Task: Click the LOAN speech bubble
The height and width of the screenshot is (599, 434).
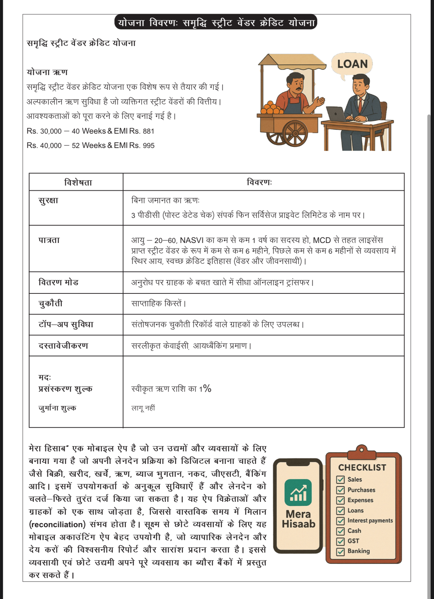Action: (352, 64)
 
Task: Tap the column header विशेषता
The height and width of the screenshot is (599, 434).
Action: (78, 182)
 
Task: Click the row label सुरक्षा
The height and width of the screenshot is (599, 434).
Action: (48, 201)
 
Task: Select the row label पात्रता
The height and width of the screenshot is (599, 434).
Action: (49, 240)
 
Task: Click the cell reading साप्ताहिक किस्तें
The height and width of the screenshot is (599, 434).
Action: (158, 304)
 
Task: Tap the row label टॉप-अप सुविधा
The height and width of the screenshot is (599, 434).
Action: (66, 325)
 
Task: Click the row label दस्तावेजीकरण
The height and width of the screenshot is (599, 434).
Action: (63, 346)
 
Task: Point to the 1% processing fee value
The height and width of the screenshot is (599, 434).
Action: (205, 389)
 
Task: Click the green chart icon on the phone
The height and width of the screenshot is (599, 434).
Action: (298, 492)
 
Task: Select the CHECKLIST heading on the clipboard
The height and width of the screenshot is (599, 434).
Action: (362, 468)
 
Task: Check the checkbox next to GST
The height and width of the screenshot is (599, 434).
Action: (341, 541)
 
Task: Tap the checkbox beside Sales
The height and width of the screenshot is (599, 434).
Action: (341, 480)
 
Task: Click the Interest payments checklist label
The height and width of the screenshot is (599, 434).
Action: (370, 521)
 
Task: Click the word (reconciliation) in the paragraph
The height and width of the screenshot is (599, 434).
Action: (57, 524)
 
